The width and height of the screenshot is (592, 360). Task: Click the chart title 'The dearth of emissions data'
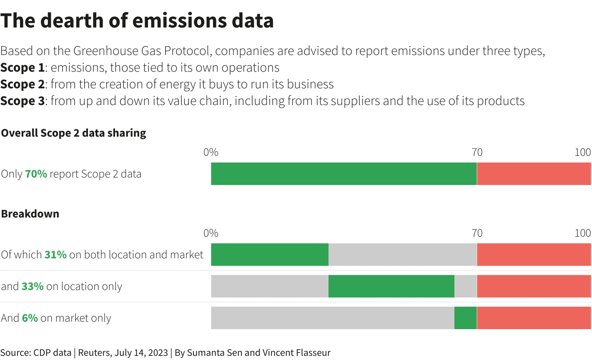coord(137,21)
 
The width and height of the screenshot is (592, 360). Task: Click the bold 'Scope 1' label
coord(23,67)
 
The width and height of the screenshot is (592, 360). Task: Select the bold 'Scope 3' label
coord(23,101)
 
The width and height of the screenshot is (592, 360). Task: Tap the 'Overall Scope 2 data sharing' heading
coord(74,133)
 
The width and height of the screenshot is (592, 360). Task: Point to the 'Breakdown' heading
coord(30,214)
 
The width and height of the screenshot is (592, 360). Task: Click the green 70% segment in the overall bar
coord(344,174)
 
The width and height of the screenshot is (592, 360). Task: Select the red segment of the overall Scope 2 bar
coord(534,174)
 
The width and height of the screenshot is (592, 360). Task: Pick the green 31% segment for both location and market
coord(270,255)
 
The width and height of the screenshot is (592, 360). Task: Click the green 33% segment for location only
coord(391,286)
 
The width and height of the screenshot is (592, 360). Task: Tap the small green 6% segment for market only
coord(465,318)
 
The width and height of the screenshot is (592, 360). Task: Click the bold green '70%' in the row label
coord(36,174)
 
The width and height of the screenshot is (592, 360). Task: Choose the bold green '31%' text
coord(55,255)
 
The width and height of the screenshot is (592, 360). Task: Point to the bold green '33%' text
coord(33,286)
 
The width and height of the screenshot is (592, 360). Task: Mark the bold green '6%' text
coord(30,318)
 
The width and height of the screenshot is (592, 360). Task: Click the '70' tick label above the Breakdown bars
coord(477,233)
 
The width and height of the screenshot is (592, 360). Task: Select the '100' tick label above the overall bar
coord(582,152)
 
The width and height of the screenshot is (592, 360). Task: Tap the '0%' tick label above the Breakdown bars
coord(211,233)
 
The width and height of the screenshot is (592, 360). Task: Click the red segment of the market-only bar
coord(534,318)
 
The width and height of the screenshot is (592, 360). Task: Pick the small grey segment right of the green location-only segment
coord(465,286)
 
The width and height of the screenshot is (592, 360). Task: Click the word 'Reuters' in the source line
coord(94,352)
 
